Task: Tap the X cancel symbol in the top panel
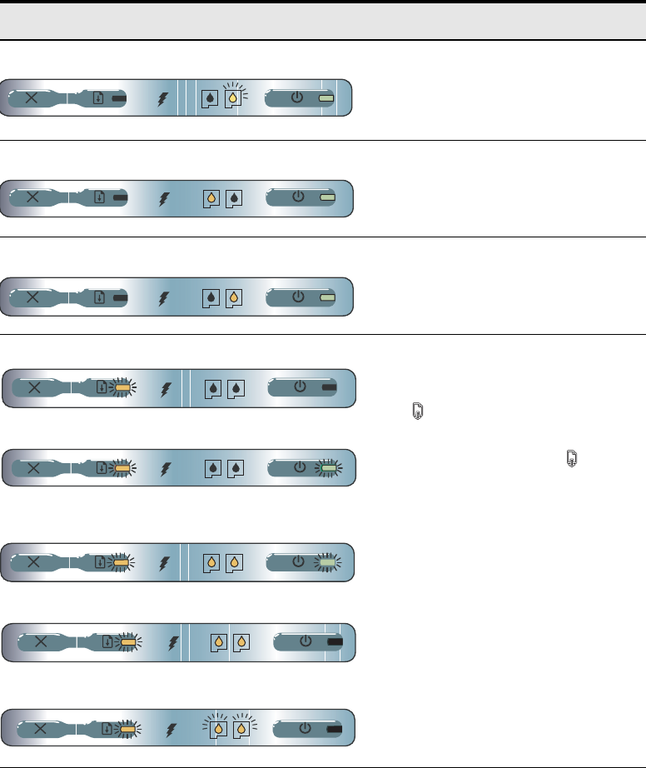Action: coord(32,98)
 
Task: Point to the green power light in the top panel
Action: coord(327,98)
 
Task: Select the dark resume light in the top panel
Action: coord(119,98)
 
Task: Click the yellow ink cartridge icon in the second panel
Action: coord(213,199)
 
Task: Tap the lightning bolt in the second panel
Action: coord(163,199)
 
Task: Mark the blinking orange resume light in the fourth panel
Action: coord(123,388)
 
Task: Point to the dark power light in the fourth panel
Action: coord(329,388)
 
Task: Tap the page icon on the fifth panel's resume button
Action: coord(101,468)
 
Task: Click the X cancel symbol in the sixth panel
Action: coord(35,562)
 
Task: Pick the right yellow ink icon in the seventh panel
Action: coord(241,642)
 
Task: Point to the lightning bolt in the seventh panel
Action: coord(173,642)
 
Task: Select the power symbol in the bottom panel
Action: coord(305,728)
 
